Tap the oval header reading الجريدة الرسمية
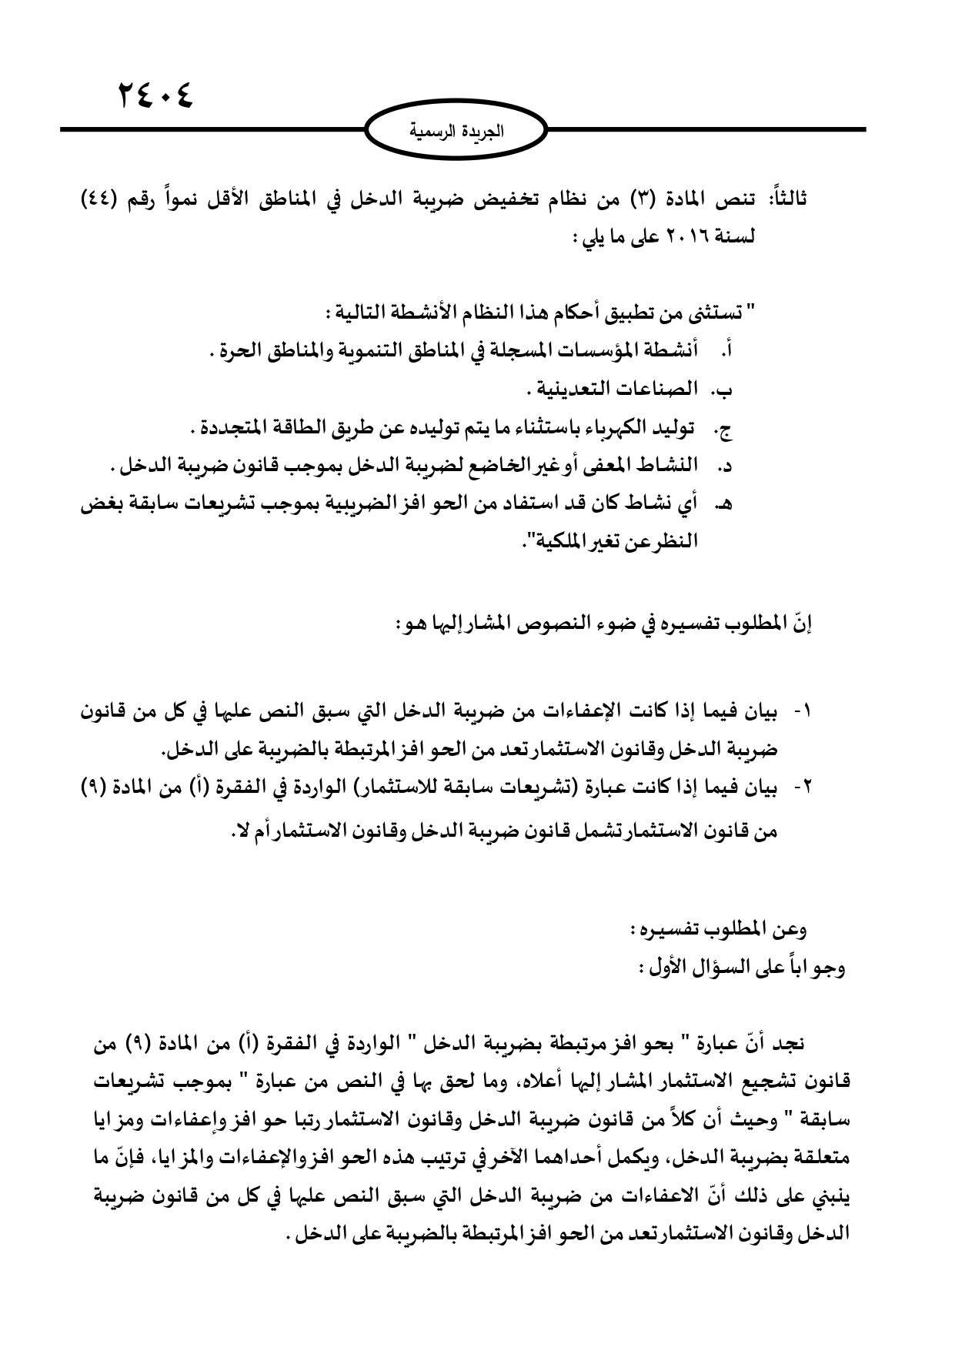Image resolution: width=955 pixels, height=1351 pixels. [456, 132]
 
